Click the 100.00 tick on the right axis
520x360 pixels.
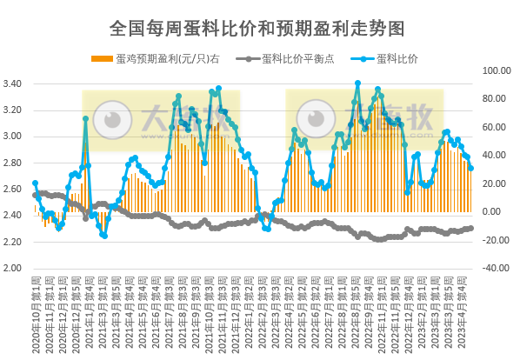[497, 70]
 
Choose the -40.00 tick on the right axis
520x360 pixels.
[497, 268]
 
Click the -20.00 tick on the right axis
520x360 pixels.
[497, 240]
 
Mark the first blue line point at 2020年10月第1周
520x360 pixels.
[35, 183]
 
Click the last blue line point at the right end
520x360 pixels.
[470, 168]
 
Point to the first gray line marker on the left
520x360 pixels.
[35, 195]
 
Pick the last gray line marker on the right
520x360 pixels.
[470, 228]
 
